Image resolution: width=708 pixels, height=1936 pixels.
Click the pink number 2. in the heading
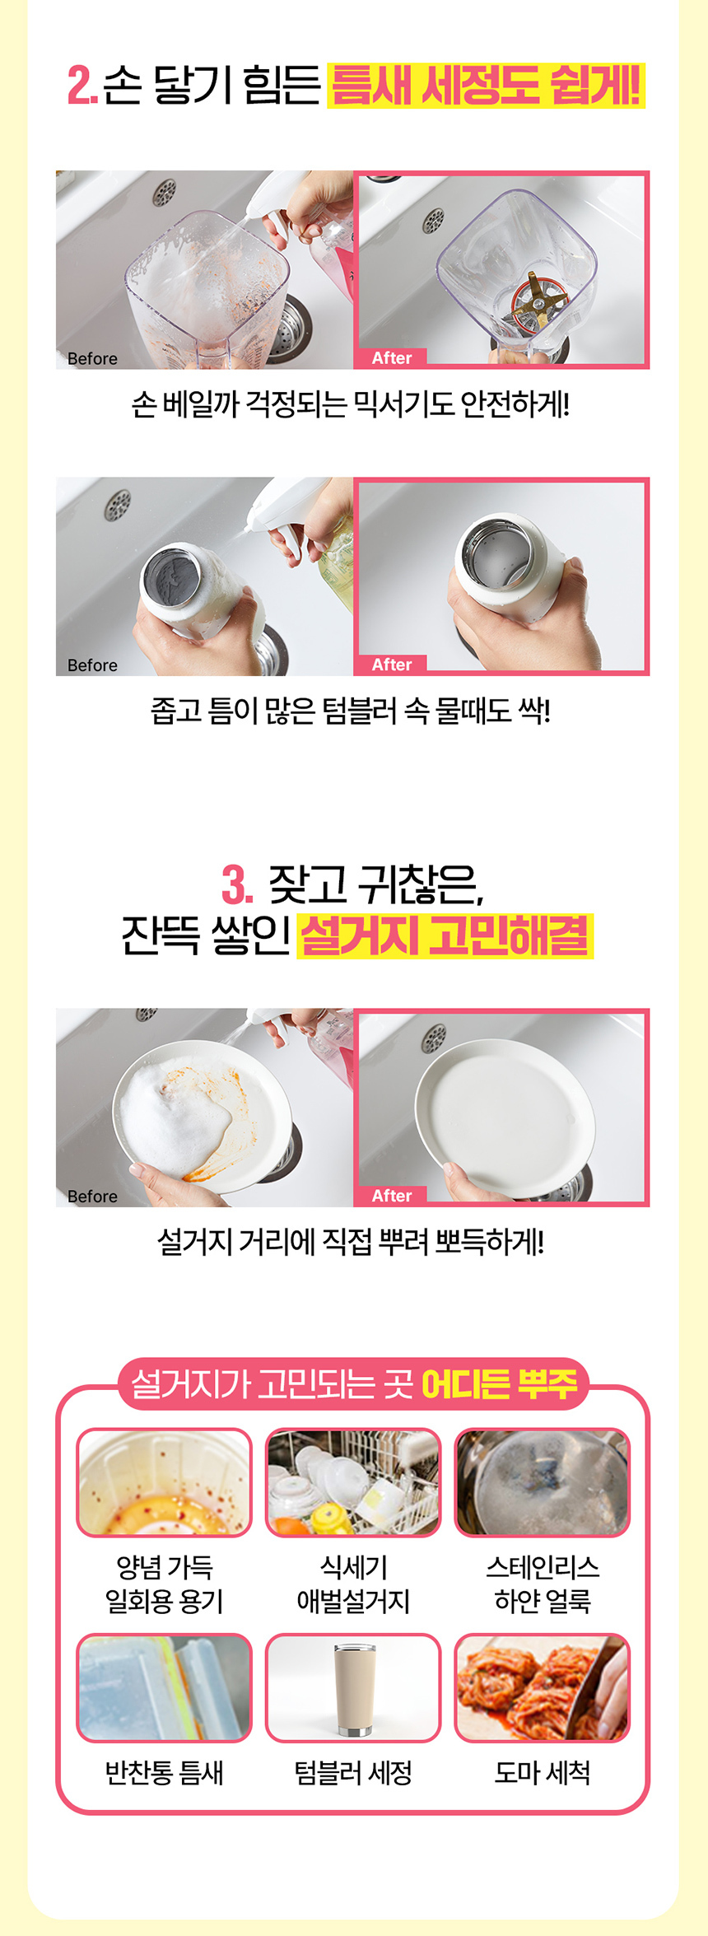(82, 86)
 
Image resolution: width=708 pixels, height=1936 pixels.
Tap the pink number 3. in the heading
(237, 885)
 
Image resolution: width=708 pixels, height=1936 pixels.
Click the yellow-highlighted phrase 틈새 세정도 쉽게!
(486, 86)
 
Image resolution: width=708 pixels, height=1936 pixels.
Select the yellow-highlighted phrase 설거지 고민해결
(445, 936)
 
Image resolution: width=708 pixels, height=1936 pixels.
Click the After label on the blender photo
(391, 358)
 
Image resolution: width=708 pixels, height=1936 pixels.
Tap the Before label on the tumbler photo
(92, 665)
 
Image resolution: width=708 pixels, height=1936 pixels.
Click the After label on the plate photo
(391, 1196)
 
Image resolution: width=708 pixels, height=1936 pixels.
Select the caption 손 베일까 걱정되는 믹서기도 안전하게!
(351, 405)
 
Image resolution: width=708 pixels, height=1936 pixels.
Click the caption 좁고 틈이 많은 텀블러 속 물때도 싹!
(351, 711)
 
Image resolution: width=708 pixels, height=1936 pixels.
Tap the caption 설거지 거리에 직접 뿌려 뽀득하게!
(351, 1243)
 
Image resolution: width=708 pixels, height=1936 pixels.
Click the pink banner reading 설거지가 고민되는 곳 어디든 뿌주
(354, 1384)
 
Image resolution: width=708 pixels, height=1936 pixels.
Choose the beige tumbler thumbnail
(353, 1688)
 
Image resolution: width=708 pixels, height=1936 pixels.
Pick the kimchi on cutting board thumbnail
(542, 1688)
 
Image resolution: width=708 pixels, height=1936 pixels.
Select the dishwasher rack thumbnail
(353, 1483)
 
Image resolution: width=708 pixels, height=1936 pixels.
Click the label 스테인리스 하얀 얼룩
(542, 1584)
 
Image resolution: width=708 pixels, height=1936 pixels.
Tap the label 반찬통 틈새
(164, 1772)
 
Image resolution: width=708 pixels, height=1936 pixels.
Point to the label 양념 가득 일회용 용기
(164, 1584)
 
